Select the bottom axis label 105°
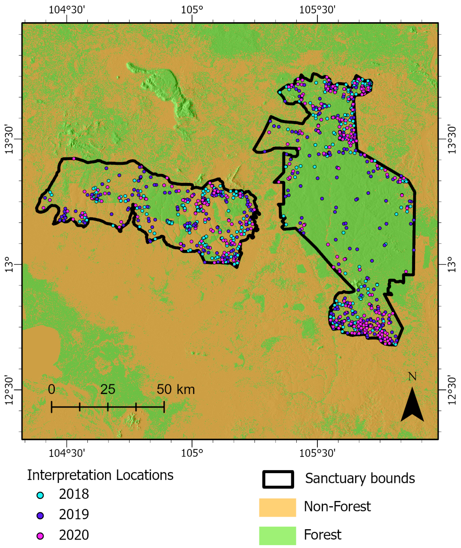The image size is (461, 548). pyautogui.click(x=192, y=453)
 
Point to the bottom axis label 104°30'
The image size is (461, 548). pyautogui.click(x=67, y=453)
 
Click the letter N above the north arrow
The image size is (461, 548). pyautogui.click(x=412, y=377)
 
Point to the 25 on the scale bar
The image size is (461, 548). pyautogui.click(x=108, y=390)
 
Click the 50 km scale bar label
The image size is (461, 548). pyautogui.click(x=176, y=390)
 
